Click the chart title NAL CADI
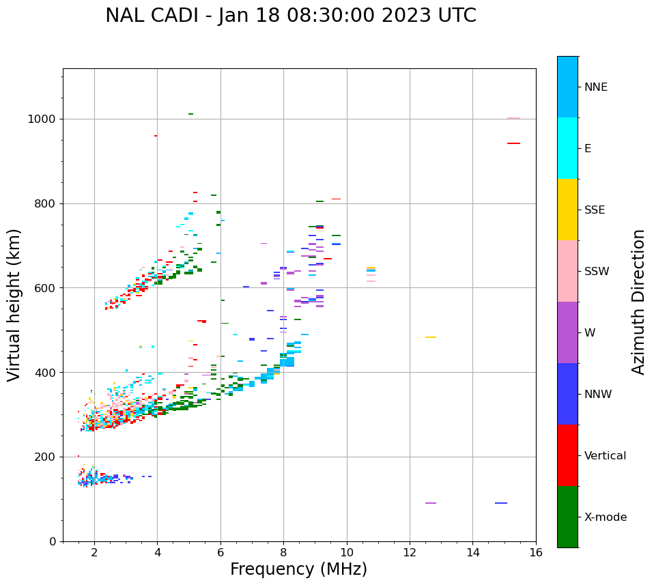pyautogui.click(x=291, y=16)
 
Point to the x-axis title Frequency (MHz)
pyautogui.click(x=298, y=569)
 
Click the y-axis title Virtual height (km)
pyautogui.click(x=14, y=304)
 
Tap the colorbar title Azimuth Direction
pyautogui.click(x=638, y=301)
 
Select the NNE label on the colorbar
pyautogui.click(x=595, y=87)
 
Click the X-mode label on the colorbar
pyautogui.click(x=605, y=517)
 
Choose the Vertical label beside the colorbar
pyautogui.click(x=605, y=455)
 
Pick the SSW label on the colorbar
pyautogui.click(x=596, y=271)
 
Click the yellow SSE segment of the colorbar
pyautogui.click(x=567, y=210)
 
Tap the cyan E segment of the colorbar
pyautogui.click(x=567, y=148)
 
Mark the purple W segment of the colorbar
pyautogui.click(x=567, y=332)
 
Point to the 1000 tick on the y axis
pyautogui.click(x=42, y=119)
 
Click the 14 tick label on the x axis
pyautogui.click(x=472, y=552)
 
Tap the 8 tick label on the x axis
pyautogui.click(x=283, y=552)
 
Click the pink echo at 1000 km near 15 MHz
pyautogui.click(x=513, y=118)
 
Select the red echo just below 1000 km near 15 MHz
pyautogui.click(x=513, y=143)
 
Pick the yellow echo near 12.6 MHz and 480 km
pyautogui.click(x=430, y=337)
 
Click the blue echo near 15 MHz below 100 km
pyautogui.click(x=501, y=503)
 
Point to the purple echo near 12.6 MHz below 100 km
pyautogui.click(x=430, y=503)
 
